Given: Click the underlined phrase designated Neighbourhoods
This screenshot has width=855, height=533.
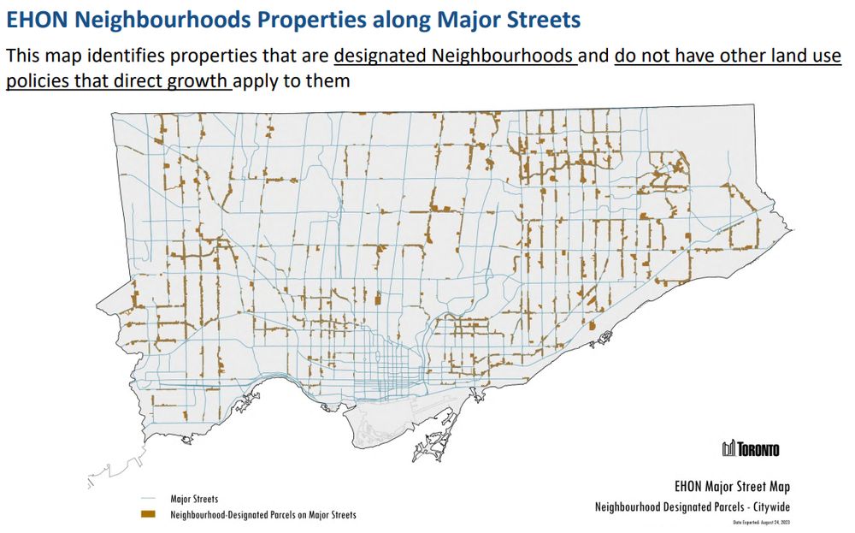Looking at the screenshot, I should pos(454,56).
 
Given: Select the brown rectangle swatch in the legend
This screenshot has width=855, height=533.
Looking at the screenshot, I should pos(149,515).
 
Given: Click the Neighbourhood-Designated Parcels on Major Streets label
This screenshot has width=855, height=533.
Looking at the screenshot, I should pos(263,515).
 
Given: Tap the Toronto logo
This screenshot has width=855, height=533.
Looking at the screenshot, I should pos(751,449).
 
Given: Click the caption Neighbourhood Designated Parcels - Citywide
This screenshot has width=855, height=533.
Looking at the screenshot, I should pos(698,507).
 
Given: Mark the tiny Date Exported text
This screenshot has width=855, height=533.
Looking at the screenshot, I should pos(762,522).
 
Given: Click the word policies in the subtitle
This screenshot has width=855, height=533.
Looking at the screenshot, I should pos(42,83).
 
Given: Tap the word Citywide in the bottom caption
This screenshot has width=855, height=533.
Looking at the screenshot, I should pos(779,507).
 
